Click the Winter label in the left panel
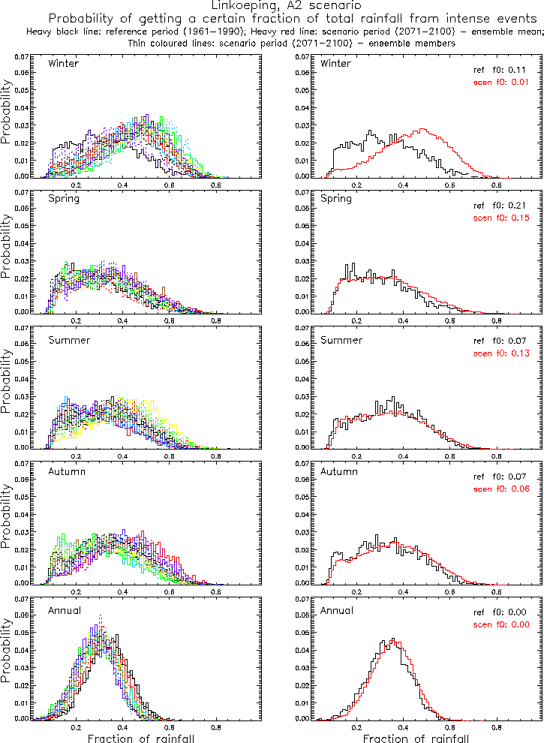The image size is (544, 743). click(x=63, y=63)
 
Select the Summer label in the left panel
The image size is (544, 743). click(x=68, y=339)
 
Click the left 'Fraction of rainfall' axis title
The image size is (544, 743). click(x=141, y=737)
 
